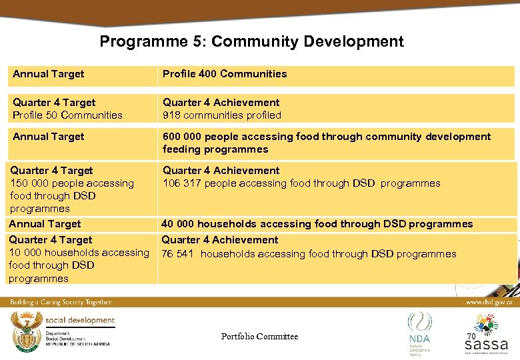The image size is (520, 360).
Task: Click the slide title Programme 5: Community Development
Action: pos(251,41)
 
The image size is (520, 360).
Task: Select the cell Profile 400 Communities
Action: pos(225,74)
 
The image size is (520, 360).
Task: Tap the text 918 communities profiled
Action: pos(222,115)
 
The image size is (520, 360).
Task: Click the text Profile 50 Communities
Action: pos(67,115)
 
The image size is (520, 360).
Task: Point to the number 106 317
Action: pos(182,183)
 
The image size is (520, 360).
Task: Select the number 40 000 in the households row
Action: pos(178,224)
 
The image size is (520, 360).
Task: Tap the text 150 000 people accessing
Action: pos(72,183)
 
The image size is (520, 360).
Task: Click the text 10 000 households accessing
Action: pos(79,253)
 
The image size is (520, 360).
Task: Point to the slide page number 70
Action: pos(471,337)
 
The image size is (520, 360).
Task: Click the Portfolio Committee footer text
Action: pos(259,337)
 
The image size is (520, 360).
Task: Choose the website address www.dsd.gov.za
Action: pos(488,302)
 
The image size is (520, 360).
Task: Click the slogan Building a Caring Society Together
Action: pos(61,302)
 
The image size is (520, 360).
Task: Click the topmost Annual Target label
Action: pos(48,74)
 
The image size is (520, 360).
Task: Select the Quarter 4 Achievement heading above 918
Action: pos(221,103)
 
